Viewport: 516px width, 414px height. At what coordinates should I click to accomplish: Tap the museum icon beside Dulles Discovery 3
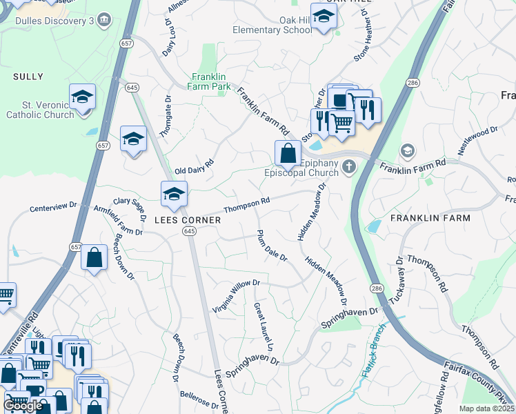coord(104,19)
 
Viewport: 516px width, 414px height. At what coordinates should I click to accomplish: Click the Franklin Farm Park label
coord(211,87)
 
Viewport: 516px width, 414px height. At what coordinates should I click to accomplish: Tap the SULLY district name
coord(28,77)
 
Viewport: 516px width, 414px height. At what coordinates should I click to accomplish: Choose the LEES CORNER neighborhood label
coord(187,220)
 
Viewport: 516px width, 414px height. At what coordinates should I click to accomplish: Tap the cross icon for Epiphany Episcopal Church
coord(349,166)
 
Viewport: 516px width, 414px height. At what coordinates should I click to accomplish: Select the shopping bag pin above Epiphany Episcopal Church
coord(288,153)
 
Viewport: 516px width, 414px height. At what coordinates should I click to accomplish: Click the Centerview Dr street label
coord(54,206)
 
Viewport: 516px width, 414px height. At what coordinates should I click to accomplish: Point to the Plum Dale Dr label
coord(271,246)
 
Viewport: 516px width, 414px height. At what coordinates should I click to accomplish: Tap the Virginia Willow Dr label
coord(235,294)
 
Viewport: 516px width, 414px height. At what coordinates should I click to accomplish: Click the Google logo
coord(23,405)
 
